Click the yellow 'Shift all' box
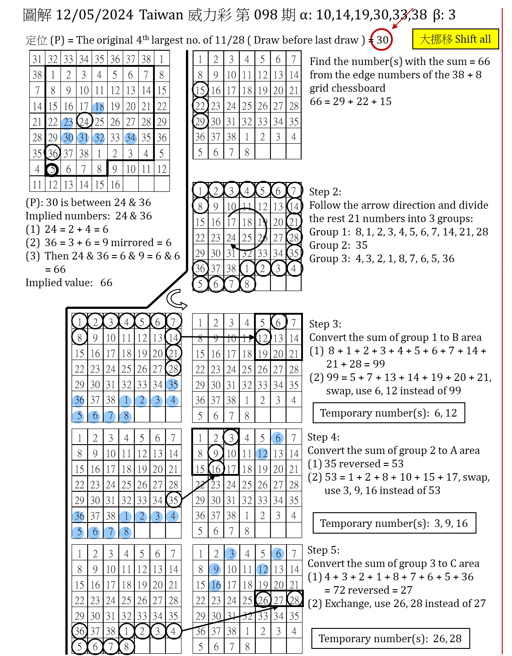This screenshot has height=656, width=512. tap(455, 39)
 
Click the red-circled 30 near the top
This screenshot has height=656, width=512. tap(382, 40)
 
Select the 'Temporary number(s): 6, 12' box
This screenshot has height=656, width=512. tap(388, 413)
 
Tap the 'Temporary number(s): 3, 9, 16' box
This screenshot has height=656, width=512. tap(394, 523)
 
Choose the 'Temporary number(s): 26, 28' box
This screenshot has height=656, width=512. tap(390, 639)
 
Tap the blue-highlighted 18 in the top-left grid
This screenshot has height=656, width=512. tap(99, 107)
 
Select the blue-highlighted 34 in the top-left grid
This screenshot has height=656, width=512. tap(130, 138)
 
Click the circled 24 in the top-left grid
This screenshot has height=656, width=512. tap(84, 121)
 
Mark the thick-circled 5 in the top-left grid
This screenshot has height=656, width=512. tap(52, 170)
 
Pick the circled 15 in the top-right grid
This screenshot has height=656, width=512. tap(200, 90)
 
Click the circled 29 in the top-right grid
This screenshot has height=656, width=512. tap(200, 121)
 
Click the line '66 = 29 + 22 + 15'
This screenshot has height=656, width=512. tap(351, 101)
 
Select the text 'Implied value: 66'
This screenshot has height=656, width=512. tap(69, 283)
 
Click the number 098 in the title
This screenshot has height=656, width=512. tap(266, 15)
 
